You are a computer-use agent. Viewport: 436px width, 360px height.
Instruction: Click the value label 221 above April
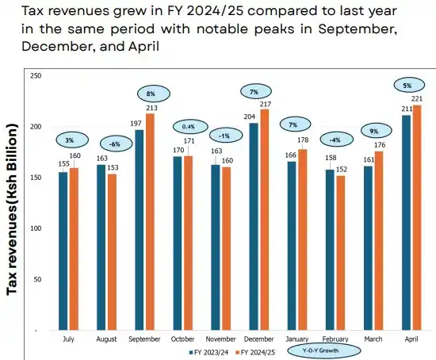tap(416, 99)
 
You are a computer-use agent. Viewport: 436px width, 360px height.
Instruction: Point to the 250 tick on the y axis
tap(35, 75)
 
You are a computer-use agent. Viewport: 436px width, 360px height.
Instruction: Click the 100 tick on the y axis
tap(35, 228)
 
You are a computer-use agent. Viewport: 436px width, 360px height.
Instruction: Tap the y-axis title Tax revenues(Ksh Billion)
tap(13, 209)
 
